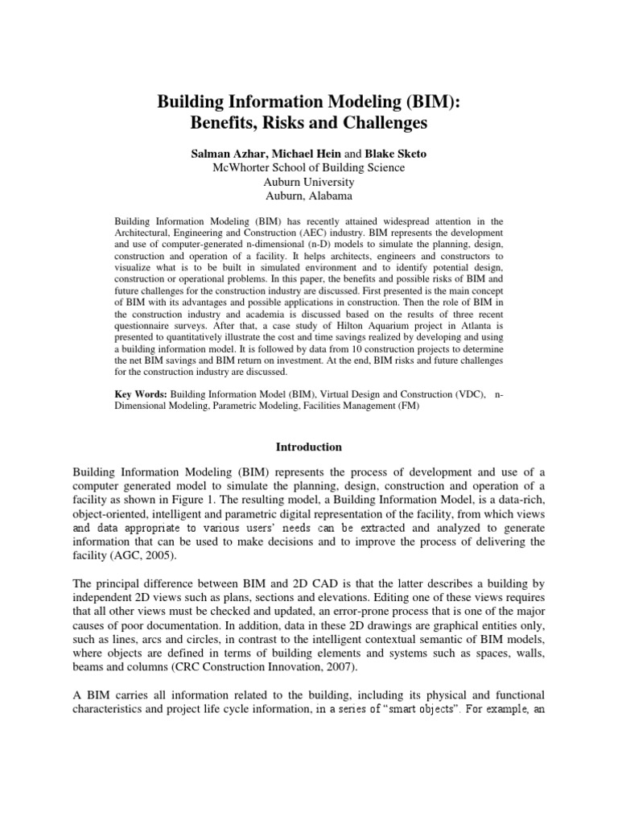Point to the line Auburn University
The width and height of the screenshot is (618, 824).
[x=308, y=182]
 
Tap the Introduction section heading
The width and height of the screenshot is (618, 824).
[x=309, y=447]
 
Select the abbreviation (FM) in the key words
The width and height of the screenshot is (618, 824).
[x=404, y=407]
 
